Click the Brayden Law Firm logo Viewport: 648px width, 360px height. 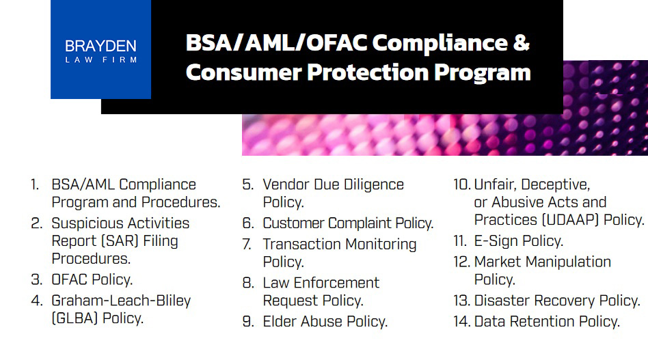101,50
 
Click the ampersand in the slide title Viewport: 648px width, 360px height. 522,42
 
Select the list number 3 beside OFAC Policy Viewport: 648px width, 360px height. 36,279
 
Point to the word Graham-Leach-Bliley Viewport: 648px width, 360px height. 121,301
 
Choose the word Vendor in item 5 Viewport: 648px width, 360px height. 286,184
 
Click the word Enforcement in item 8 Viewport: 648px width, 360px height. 336,283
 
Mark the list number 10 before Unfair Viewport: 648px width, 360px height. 461,184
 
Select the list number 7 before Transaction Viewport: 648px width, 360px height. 247,245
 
